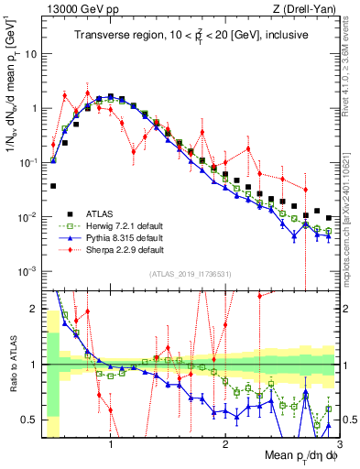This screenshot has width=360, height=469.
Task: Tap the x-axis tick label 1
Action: click(111, 444)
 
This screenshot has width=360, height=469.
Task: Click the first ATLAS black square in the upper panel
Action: click(53, 186)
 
